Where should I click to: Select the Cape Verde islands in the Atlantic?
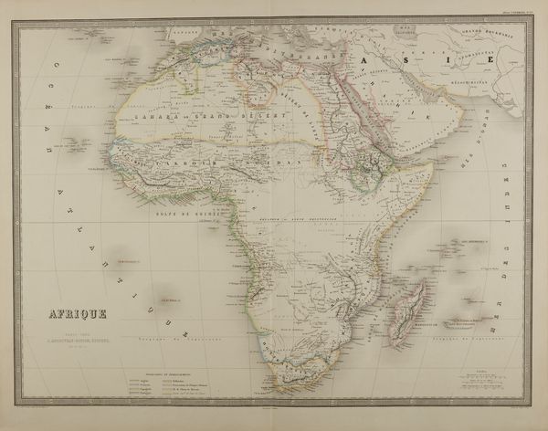(x=76, y=144)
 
